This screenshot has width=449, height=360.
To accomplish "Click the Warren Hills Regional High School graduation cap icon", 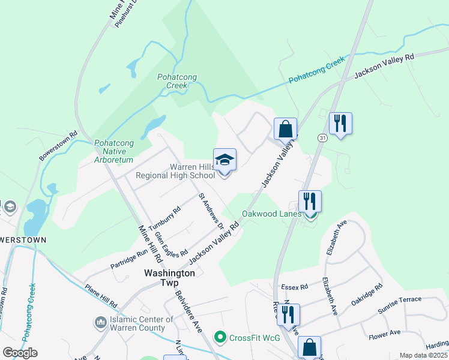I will (x=224, y=160).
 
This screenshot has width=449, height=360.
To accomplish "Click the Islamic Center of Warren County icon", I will (x=100, y=323).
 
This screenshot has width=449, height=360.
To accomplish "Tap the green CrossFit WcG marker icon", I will (x=220, y=337).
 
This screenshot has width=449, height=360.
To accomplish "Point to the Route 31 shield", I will (x=322, y=137).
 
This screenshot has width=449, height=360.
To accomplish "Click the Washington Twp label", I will (x=170, y=278).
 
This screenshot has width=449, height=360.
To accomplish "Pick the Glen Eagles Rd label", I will (x=171, y=242).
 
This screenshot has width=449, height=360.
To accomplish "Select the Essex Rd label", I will (x=294, y=287).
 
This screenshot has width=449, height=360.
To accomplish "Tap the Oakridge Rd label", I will (x=366, y=295).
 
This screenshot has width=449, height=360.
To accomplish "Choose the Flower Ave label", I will (x=384, y=334).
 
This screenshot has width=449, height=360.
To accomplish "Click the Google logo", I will (x=20, y=352).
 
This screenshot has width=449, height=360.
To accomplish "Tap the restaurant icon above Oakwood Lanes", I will (x=310, y=201).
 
